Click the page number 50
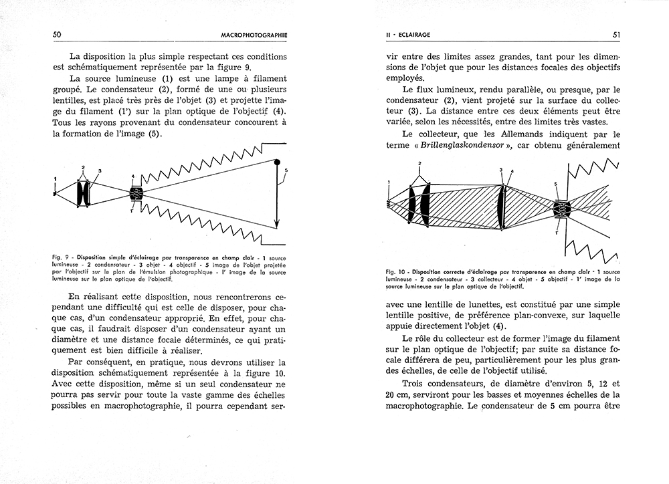(x=57, y=34)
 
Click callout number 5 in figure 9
(x=286, y=171)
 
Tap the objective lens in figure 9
(x=136, y=195)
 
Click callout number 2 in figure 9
(x=83, y=167)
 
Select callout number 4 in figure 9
(x=133, y=176)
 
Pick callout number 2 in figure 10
(x=419, y=163)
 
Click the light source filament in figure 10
(x=389, y=201)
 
